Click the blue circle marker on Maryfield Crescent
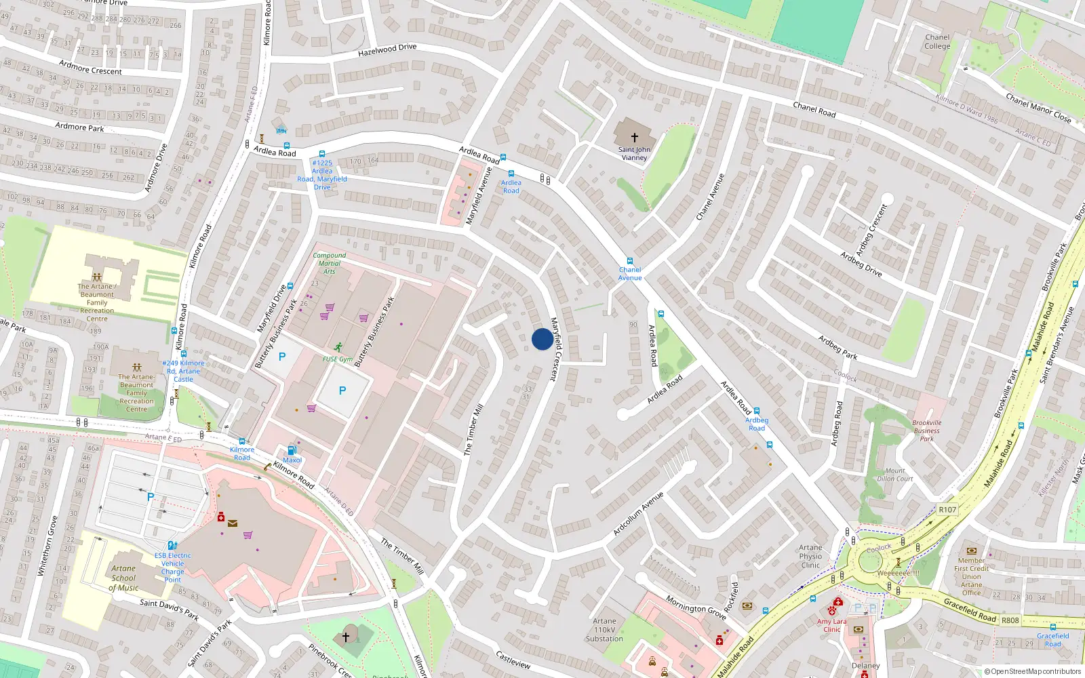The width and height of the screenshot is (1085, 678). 542,339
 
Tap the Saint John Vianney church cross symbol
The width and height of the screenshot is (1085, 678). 634,137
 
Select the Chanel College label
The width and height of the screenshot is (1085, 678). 937,42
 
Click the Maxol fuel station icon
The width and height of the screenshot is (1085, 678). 292,450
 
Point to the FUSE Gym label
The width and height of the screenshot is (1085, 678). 337,359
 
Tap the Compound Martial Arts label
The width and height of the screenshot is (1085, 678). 330,263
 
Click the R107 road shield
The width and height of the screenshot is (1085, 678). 947,510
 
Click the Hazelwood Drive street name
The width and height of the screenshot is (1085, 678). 387,50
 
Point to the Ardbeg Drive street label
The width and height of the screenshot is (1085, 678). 861,264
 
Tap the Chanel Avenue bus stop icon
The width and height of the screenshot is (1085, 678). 630,261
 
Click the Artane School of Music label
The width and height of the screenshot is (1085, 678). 123,578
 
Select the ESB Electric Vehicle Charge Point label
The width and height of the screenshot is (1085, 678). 172,567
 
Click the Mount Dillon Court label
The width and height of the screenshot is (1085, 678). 895,475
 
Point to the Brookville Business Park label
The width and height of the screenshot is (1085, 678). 926,431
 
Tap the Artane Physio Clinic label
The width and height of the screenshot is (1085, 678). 810,556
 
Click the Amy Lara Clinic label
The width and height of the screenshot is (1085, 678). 831,625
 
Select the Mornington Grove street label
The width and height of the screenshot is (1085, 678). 696,607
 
